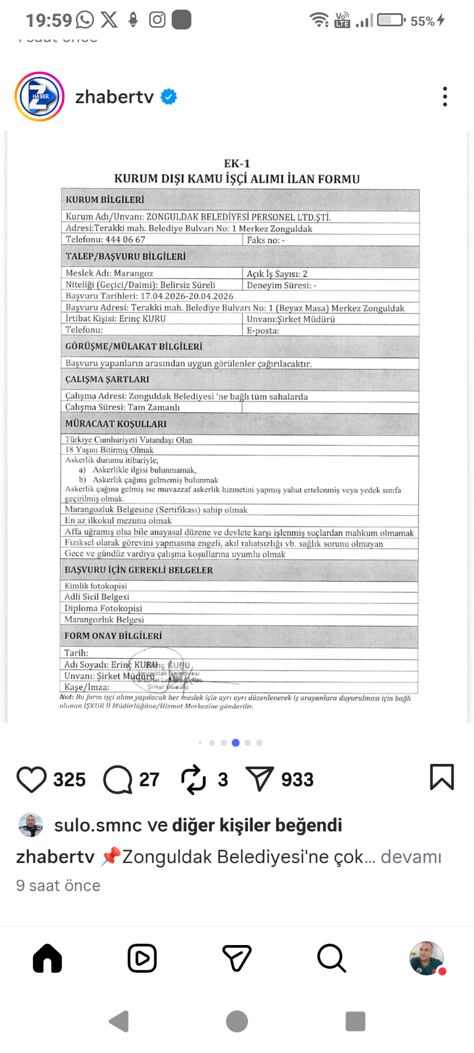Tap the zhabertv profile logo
point(39,97)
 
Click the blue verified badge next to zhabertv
point(169,97)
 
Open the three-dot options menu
point(445,97)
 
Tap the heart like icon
point(32,779)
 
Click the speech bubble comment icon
point(117,779)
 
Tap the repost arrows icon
point(193,779)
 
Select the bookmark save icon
point(442,777)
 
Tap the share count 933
point(297,780)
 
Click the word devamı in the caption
point(411,857)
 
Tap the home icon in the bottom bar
point(47,958)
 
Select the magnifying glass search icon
point(331,958)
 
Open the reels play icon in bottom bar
point(142,958)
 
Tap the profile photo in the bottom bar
point(427,958)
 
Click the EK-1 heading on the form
point(237,164)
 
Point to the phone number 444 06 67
point(125,240)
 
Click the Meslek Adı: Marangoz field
point(110,273)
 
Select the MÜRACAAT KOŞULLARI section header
point(116,424)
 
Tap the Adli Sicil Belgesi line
point(97,597)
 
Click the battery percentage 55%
point(422,21)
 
